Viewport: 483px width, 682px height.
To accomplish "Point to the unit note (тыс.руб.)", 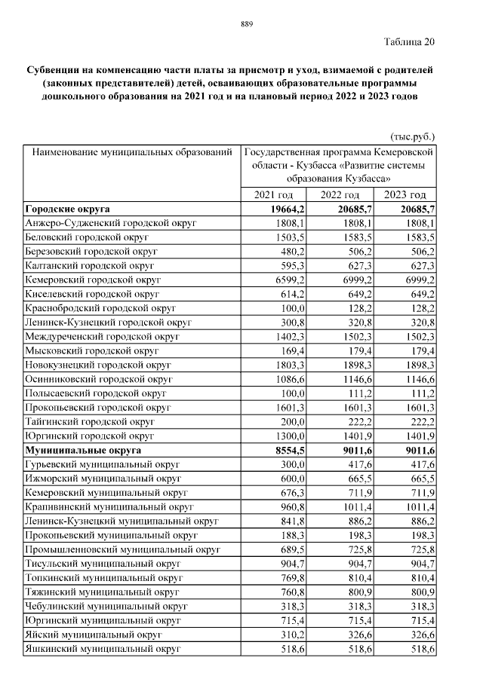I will pos(413,137).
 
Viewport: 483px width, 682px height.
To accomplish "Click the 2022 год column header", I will pos(340,195).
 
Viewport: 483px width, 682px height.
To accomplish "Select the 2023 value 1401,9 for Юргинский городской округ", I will pos(419,436).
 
